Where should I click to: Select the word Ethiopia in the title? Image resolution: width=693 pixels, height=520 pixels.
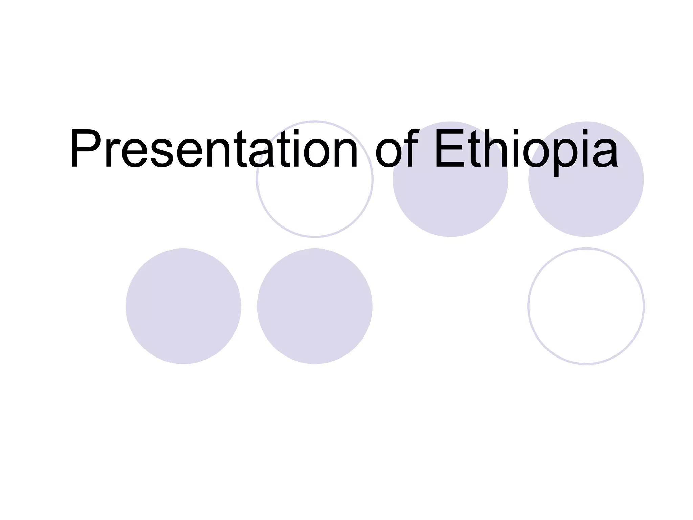526,149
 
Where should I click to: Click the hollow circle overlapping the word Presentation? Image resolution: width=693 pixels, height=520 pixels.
315,203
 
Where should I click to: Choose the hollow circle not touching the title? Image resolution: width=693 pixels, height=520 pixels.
586,306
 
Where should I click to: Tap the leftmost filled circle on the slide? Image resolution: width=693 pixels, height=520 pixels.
183,306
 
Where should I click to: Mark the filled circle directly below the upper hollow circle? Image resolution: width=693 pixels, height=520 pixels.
315,306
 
